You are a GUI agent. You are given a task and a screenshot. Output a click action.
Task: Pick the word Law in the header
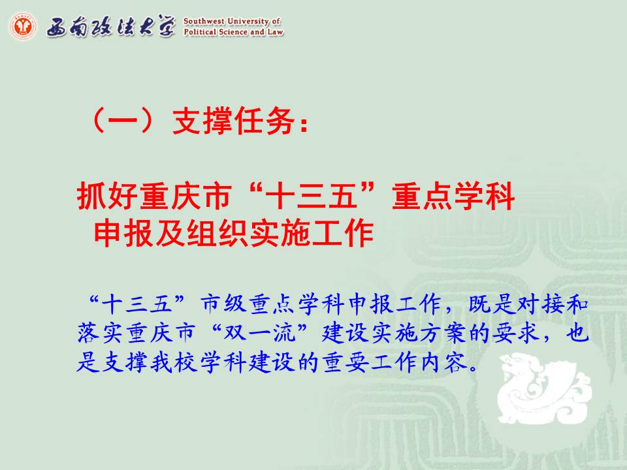pyautogui.click(x=275, y=32)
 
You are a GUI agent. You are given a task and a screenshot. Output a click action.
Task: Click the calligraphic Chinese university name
pyautogui.click(x=111, y=27)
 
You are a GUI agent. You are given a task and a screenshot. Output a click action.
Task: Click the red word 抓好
pyautogui.click(x=108, y=196)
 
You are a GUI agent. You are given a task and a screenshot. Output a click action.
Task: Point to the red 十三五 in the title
pyautogui.click(x=311, y=196)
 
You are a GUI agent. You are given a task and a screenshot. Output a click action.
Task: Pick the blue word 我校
pyautogui.click(x=175, y=362)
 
